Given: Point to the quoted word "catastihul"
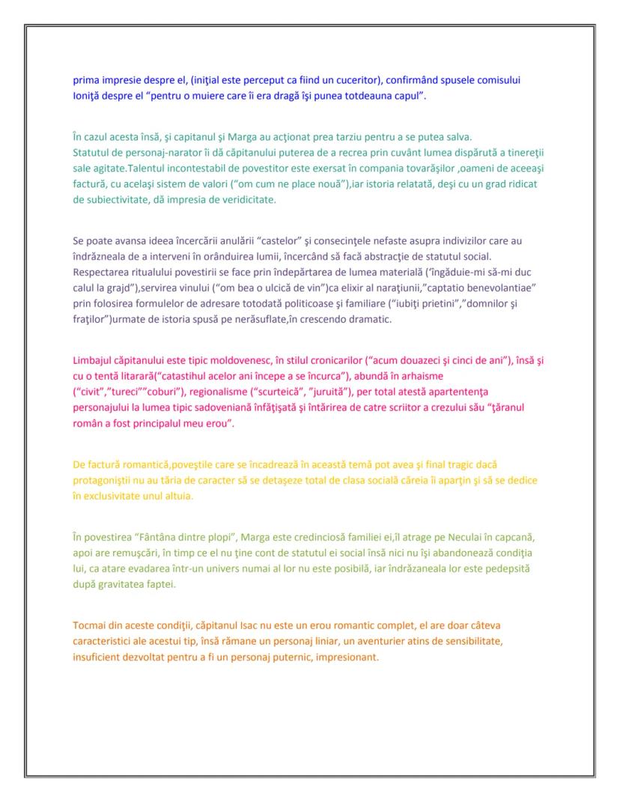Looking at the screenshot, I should (x=192, y=376).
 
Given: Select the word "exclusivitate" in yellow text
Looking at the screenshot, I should (x=112, y=496).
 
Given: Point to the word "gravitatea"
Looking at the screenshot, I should (x=125, y=585).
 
